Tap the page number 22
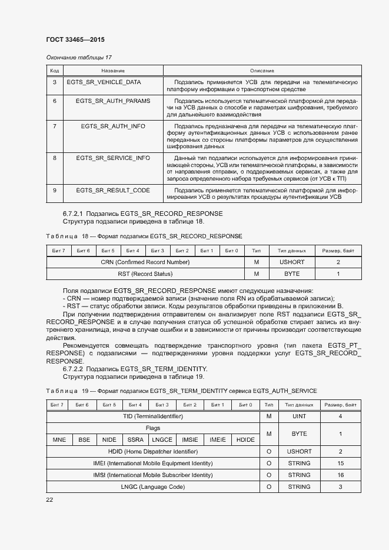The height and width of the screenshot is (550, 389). [x=50, y=499]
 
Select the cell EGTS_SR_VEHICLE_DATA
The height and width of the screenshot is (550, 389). [x=104, y=82]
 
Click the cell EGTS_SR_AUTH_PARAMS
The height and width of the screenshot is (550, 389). [x=113, y=101]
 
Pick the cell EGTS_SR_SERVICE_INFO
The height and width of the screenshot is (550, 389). [x=113, y=158]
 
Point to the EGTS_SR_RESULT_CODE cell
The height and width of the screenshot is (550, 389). [x=113, y=191]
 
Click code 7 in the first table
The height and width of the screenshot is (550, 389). [x=54, y=126]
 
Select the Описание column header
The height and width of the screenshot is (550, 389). [x=262, y=70]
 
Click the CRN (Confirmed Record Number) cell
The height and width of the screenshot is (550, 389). [x=145, y=262]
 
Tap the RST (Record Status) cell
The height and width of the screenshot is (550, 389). [x=145, y=274]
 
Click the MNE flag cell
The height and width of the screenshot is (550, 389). [x=59, y=440]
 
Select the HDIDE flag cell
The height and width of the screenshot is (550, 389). [x=245, y=440]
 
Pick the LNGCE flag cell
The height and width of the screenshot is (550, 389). [x=162, y=440]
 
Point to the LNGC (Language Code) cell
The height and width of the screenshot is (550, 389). [x=152, y=487]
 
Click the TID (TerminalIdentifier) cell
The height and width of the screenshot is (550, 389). [x=152, y=416]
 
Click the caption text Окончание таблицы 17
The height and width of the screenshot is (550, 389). [x=79, y=57]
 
